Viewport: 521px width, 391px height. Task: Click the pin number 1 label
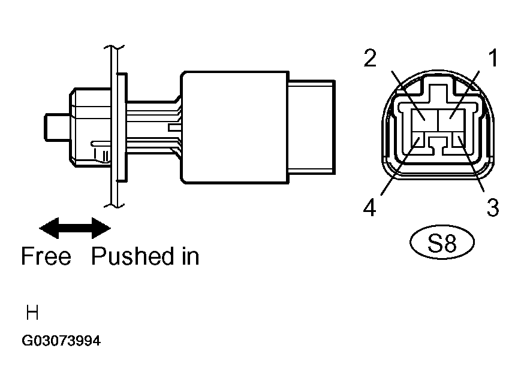[x=493, y=57]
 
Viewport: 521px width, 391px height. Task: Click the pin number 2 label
[x=370, y=57]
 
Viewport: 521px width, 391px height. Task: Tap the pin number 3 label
[x=493, y=207]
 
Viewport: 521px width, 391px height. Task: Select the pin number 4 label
[x=369, y=207]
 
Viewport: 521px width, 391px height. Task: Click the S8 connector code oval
[x=442, y=243]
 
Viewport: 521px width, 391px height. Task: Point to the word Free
[x=46, y=256]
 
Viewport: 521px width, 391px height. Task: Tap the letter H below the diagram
[x=32, y=313]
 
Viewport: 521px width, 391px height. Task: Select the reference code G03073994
[x=61, y=341]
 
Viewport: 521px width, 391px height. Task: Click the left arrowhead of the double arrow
[x=49, y=228]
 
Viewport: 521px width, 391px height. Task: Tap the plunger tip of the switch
[x=57, y=127]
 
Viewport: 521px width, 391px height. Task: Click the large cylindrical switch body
[x=234, y=127]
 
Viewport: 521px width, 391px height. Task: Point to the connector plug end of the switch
[x=312, y=127]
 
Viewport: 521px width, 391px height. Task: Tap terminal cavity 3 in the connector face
[x=458, y=141]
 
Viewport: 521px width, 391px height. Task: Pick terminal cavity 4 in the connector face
[x=419, y=141]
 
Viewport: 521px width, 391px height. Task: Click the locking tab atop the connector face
[x=438, y=90]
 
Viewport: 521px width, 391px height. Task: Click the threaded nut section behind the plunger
[x=91, y=127]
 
